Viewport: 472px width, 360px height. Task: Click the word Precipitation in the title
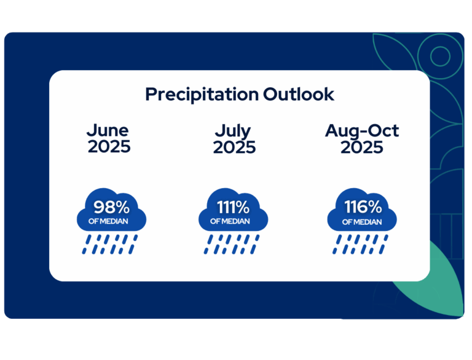202,95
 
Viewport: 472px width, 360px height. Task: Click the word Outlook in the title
299,94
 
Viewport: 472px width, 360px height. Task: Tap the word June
108,131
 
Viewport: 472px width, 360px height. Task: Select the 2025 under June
109,147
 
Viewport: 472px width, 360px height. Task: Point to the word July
233,131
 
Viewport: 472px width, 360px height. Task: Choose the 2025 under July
234,147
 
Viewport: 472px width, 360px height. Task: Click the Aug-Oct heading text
362,131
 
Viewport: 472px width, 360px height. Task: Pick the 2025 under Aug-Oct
362,147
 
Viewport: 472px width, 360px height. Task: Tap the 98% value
111,207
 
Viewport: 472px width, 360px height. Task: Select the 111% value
233,207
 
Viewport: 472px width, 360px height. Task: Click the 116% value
363,207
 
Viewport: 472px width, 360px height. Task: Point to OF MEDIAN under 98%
108,221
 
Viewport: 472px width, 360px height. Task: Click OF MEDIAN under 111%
230,221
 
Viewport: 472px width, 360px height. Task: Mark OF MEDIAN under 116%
362,222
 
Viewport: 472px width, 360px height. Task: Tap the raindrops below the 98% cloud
110,245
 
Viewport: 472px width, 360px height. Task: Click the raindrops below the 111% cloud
232,245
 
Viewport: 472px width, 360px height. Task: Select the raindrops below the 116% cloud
360,245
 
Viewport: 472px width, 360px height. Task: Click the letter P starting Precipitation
151,94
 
